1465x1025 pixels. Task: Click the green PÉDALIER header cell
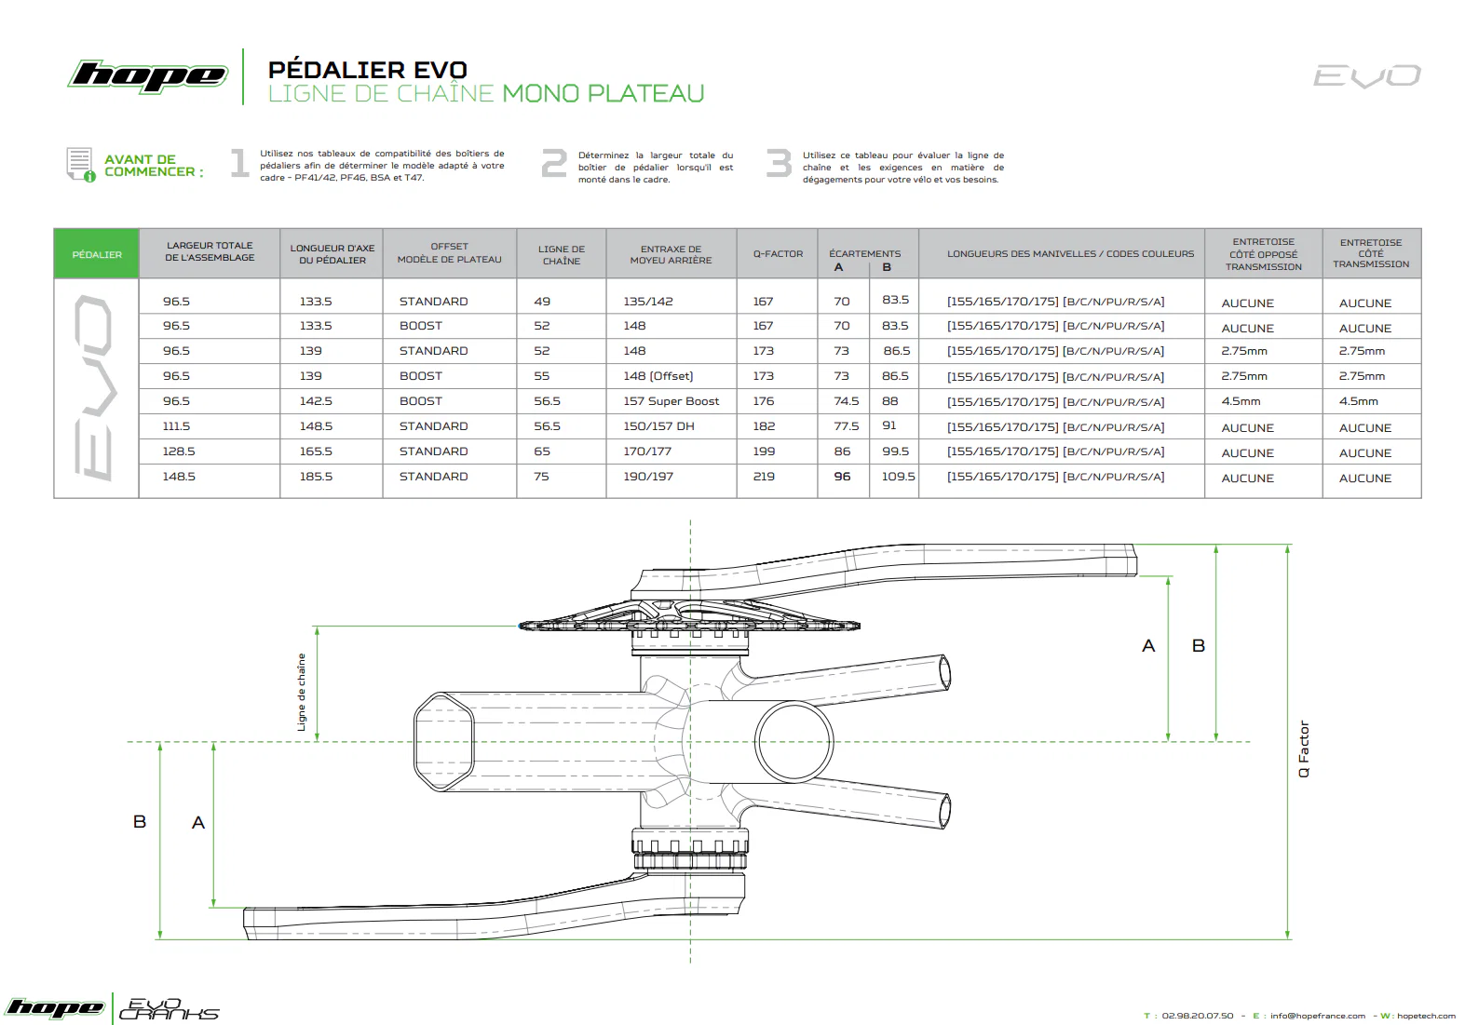click(x=96, y=253)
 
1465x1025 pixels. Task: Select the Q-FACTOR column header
click(x=778, y=253)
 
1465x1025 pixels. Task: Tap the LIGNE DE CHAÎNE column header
click(x=562, y=254)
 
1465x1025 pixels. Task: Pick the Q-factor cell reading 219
click(x=764, y=477)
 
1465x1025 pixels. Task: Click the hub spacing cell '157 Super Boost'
click(x=671, y=401)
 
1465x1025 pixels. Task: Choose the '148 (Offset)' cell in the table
click(x=658, y=376)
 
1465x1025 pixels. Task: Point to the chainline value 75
click(x=541, y=477)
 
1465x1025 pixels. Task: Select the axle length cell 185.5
click(x=316, y=477)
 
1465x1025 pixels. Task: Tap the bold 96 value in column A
click(x=842, y=477)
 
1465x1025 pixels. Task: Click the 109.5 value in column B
click(x=898, y=477)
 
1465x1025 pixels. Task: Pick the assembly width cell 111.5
click(x=177, y=426)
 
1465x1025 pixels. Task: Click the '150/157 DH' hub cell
click(x=658, y=426)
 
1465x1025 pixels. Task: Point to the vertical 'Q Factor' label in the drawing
click(x=1304, y=749)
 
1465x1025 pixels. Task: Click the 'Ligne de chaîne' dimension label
click(x=301, y=693)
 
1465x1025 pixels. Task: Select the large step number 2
click(x=554, y=163)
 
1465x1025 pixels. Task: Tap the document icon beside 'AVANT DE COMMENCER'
click(x=80, y=164)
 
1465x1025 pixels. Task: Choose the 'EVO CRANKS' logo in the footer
click(x=169, y=1008)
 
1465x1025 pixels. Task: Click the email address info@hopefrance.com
click(x=1318, y=1016)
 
